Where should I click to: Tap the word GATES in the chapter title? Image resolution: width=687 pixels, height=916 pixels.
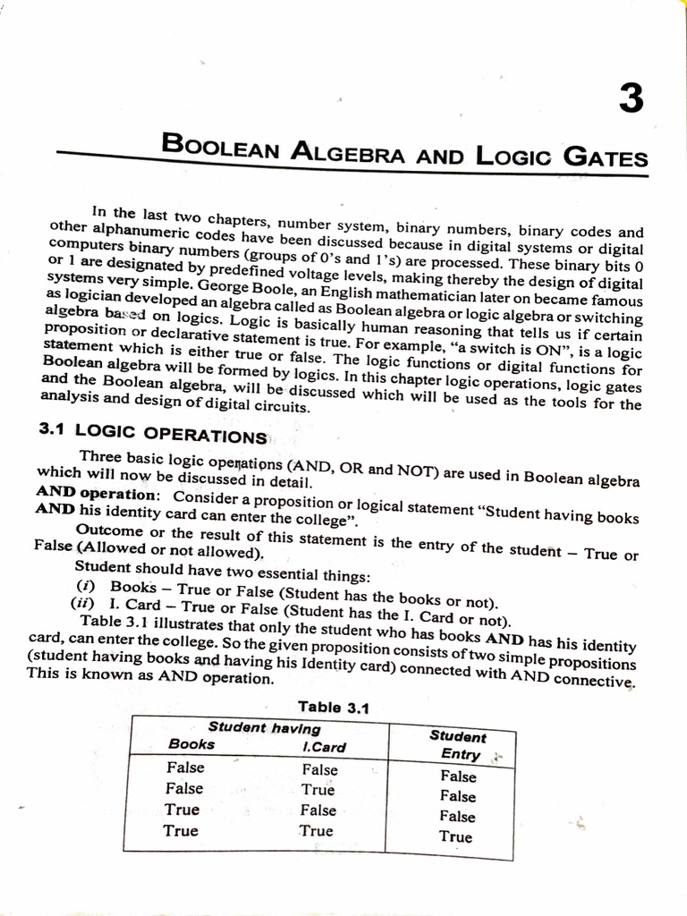coord(605,158)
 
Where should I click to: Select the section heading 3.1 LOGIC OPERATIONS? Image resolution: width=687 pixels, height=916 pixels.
coord(152,434)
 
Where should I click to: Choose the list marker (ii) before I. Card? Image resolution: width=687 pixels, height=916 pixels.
coord(83,604)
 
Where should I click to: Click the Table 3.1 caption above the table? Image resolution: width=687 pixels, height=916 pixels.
coord(333,707)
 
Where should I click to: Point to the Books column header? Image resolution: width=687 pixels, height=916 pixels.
coord(191,744)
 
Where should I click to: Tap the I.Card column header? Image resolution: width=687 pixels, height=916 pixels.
coord(324,747)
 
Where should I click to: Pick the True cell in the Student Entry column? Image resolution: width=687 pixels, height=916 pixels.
coord(455,837)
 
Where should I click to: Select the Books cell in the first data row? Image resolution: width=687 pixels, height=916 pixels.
coord(185,768)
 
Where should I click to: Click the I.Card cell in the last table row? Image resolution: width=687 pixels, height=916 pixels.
coord(316,831)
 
